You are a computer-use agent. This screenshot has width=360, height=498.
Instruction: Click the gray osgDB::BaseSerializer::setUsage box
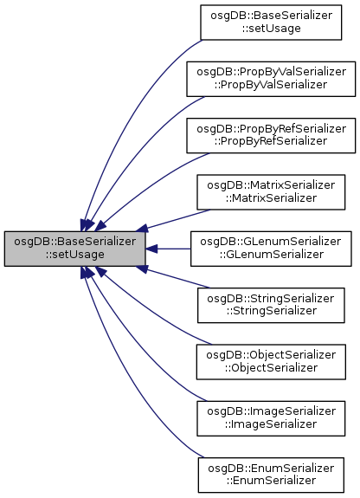tap(75, 249)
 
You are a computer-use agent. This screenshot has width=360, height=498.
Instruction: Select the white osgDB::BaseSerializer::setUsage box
tap(271, 23)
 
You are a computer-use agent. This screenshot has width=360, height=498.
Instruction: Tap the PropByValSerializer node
tap(271, 79)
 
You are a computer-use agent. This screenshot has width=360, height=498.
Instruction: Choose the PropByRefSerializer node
tap(271, 136)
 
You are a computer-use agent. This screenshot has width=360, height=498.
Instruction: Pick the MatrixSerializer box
tap(271, 192)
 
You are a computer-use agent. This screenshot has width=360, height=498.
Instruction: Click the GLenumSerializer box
tap(271, 249)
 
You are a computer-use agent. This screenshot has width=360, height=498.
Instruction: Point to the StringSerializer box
tap(271, 306)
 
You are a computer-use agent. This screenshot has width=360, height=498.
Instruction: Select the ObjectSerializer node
tap(271, 362)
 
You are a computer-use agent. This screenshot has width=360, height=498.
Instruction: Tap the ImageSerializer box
tap(271, 418)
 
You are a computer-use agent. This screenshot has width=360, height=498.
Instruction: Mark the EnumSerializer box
tap(271, 475)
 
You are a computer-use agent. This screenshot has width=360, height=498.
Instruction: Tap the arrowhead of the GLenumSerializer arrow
tap(151, 249)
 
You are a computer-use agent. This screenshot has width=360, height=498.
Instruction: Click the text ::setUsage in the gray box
tap(75, 255)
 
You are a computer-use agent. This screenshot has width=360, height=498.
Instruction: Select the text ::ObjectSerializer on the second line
tap(271, 368)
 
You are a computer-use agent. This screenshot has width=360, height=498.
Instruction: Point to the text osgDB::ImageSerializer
tap(271, 411)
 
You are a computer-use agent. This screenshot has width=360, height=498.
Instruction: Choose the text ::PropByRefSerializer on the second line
tap(271, 141)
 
